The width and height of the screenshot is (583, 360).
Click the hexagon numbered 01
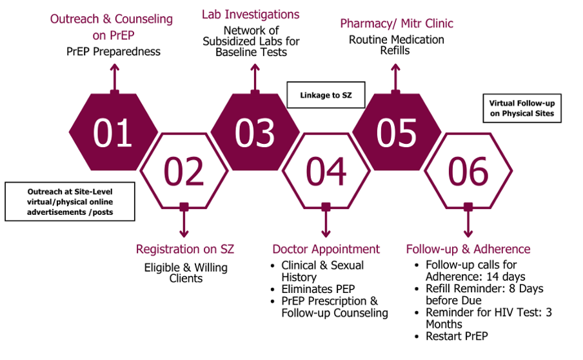tap(114, 132)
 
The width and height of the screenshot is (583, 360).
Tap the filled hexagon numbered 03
tap(255, 132)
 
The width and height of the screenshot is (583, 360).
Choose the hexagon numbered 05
tap(397, 132)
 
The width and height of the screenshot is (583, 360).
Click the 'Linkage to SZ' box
tap(326, 95)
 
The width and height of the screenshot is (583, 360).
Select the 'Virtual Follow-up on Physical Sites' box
tap(522, 108)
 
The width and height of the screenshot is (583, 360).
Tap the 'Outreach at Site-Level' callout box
tap(70, 201)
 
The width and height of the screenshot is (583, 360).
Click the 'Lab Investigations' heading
tap(251, 14)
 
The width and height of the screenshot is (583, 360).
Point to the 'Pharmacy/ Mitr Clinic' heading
tap(397, 23)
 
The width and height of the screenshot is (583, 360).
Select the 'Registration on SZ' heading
tap(185, 249)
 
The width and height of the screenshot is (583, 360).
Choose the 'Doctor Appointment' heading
tap(326, 249)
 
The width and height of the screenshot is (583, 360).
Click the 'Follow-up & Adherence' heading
tap(468, 249)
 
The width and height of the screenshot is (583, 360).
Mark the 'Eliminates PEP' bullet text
tap(318, 289)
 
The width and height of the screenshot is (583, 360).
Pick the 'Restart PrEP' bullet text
tap(457, 336)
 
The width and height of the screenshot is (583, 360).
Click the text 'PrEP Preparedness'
tap(114, 52)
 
